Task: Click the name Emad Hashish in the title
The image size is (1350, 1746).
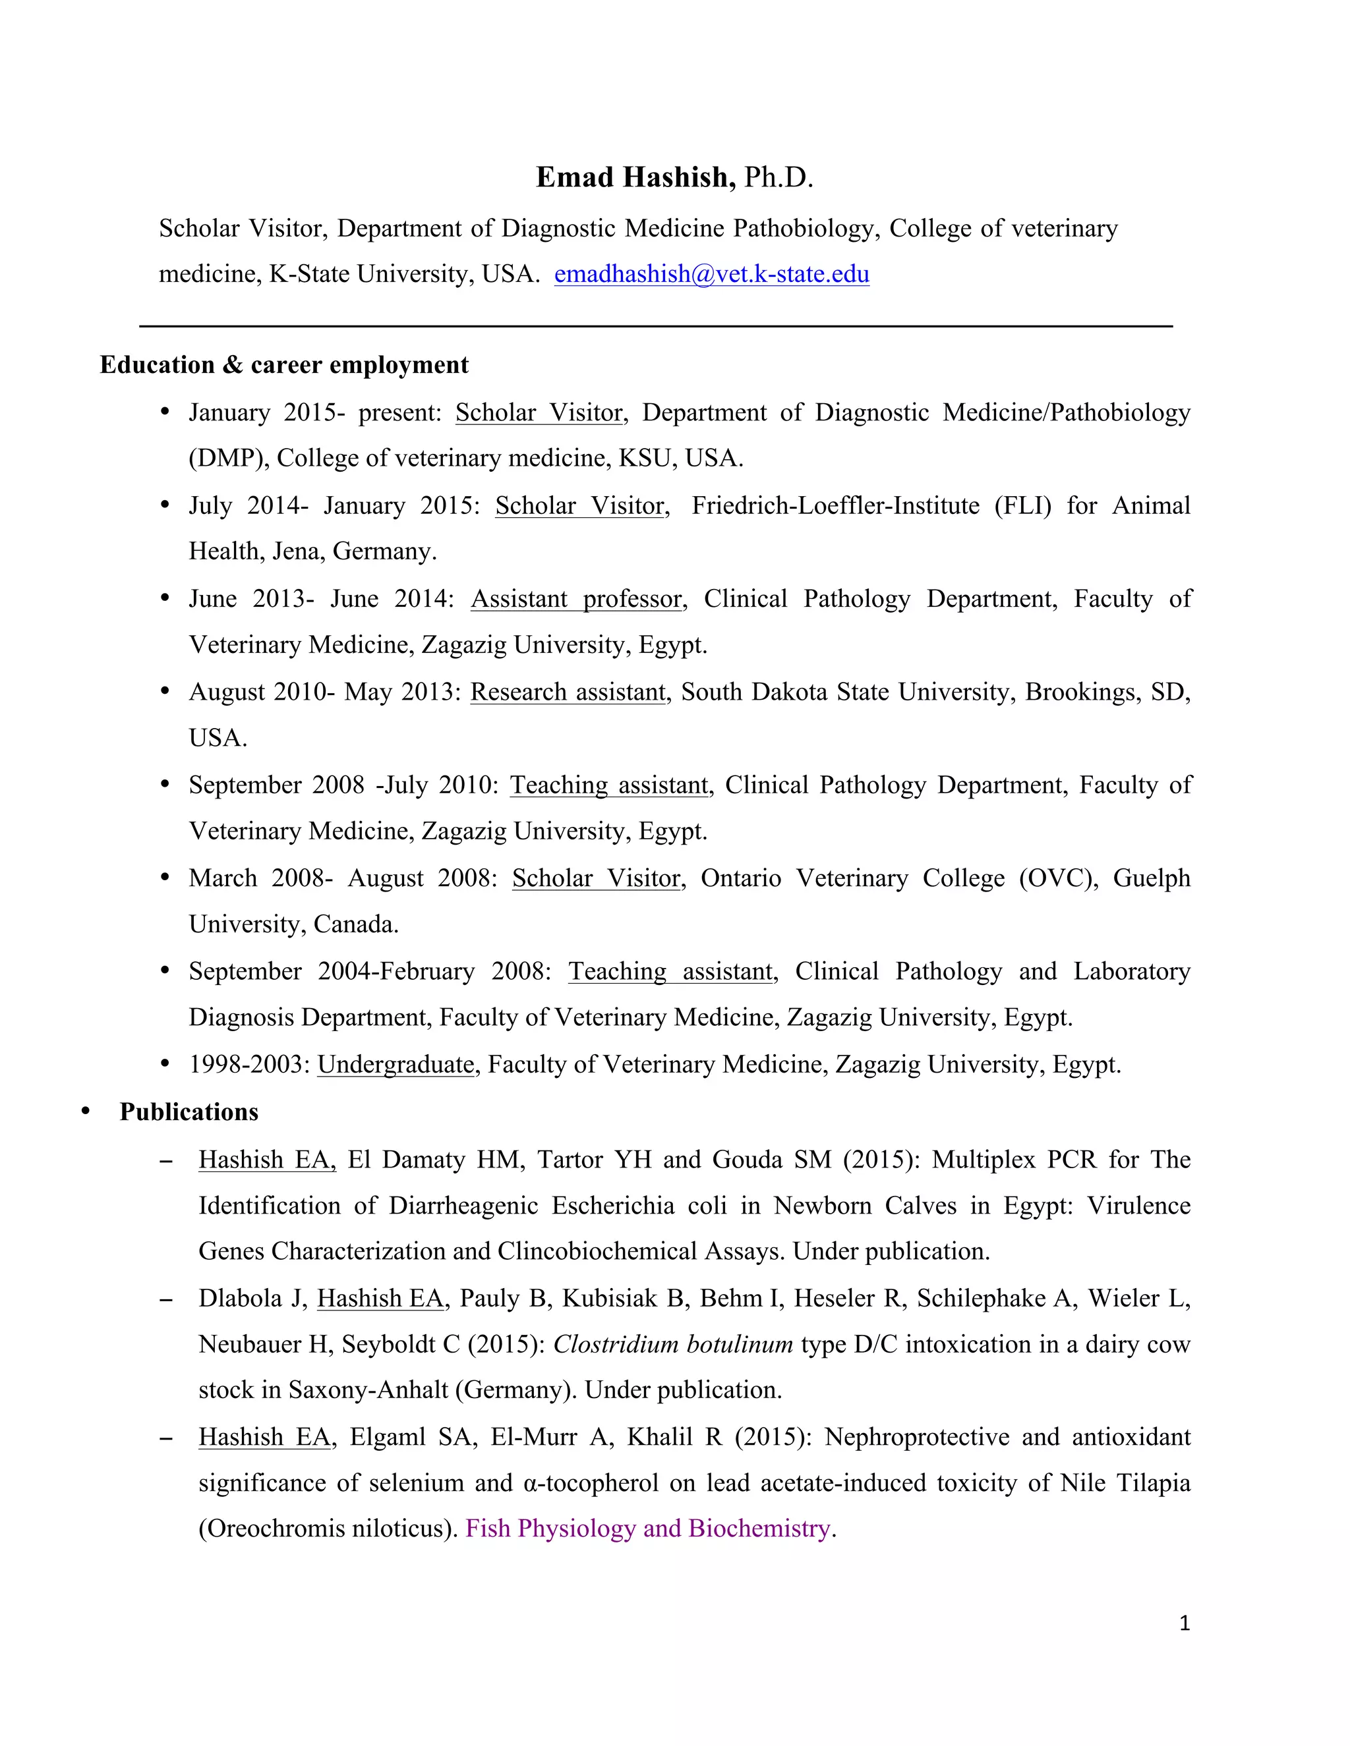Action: pos(635,177)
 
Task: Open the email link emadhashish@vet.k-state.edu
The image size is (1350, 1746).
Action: pos(711,274)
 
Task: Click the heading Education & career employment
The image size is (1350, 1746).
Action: pos(284,366)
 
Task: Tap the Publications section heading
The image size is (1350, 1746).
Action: pos(189,1112)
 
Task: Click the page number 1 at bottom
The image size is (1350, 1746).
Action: pos(1185,1623)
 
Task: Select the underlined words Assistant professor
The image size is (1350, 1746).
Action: pos(577,599)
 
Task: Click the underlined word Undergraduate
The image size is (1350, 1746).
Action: pos(396,1065)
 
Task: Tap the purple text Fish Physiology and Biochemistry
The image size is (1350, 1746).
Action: pos(648,1529)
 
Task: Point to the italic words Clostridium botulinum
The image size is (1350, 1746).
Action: pos(672,1345)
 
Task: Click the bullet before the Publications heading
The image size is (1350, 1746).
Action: pos(86,1112)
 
